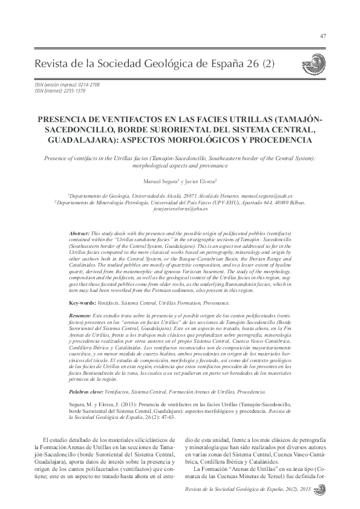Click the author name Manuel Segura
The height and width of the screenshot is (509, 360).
[155, 181]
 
